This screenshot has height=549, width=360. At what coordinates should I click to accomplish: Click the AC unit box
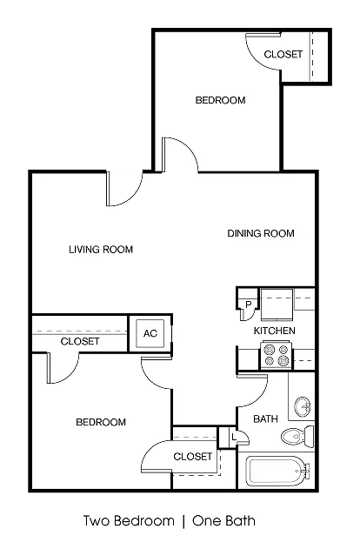(150, 333)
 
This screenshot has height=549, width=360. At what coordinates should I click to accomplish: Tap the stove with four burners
(276, 355)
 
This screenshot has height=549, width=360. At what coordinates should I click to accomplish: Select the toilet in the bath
(297, 436)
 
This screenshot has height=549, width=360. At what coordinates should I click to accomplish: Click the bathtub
(277, 471)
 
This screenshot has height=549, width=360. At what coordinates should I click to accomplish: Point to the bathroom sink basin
(303, 407)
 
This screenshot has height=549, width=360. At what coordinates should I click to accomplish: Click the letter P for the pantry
(249, 305)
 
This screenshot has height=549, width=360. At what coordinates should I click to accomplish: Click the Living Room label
(101, 250)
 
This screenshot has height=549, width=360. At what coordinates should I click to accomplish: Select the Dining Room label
(261, 233)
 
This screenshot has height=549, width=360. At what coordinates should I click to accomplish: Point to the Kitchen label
(274, 331)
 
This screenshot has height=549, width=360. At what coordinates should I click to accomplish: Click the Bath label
(265, 418)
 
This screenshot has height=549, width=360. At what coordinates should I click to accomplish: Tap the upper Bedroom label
(220, 100)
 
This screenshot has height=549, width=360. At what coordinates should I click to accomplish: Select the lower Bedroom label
(101, 422)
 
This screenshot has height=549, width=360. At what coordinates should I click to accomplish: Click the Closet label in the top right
(283, 54)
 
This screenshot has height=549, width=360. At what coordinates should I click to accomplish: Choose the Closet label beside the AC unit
(80, 341)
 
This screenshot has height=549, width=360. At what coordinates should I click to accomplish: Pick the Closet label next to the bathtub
(193, 456)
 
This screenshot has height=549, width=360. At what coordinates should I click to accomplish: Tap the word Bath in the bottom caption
(241, 520)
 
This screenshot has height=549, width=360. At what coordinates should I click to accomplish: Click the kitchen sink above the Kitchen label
(277, 304)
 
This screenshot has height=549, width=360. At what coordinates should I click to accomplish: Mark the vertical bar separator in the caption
(183, 521)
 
